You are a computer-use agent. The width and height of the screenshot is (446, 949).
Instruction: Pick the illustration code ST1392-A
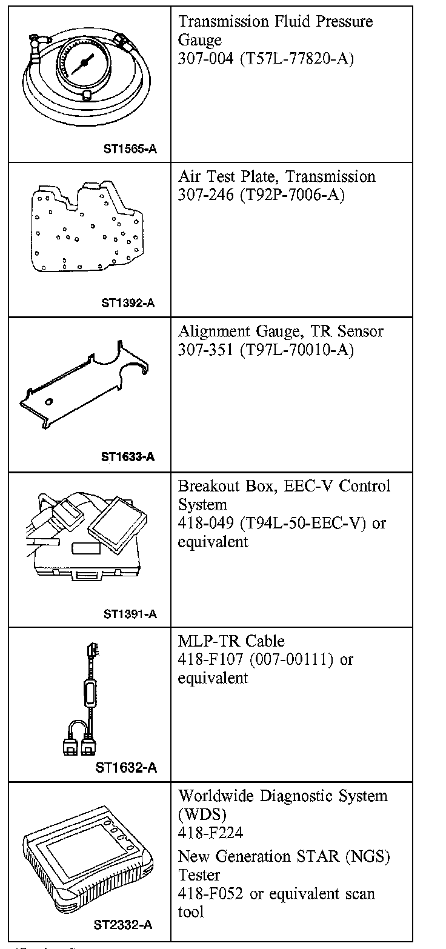(128, 302)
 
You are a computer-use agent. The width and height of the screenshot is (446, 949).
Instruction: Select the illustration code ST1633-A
(128, 457)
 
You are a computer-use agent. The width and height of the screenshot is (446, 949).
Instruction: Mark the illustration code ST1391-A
(130, 614)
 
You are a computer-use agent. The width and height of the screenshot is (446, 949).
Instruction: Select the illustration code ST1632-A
(127, 768)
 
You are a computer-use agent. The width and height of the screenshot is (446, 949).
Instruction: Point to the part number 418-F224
(210, 833)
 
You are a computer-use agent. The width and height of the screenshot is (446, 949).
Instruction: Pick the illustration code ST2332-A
(123, 925)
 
